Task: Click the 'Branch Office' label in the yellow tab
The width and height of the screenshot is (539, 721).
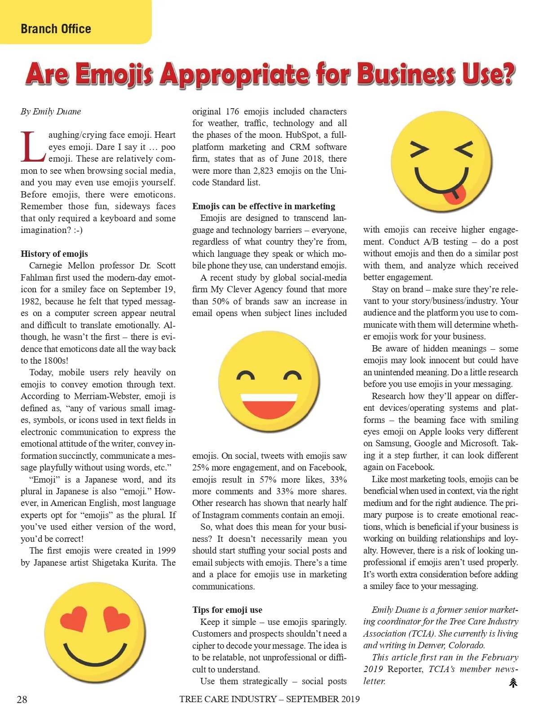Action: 56,29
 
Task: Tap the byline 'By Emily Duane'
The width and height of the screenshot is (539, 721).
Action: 51,111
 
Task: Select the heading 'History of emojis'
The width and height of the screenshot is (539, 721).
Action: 54,254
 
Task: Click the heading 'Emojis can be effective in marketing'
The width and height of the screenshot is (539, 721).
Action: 264,206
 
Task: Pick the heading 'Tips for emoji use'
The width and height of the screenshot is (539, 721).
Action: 227,610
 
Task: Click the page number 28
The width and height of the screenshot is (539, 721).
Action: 22,699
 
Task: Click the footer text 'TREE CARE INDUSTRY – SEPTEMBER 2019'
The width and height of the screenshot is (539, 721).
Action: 269,699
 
